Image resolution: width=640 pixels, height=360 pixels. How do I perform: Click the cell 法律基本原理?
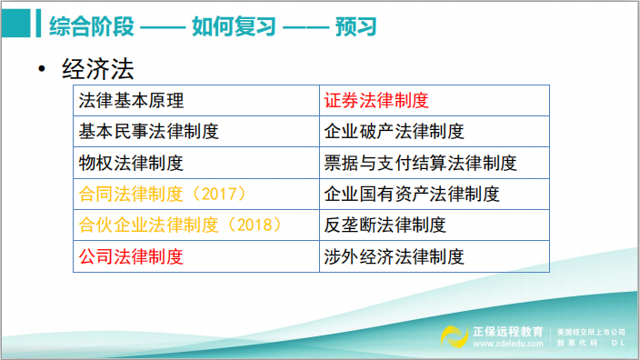132,101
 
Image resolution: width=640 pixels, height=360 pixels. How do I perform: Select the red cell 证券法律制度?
375,101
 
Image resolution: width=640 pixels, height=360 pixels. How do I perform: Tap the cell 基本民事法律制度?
149,132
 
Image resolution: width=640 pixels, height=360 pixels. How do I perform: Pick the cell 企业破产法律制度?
394,132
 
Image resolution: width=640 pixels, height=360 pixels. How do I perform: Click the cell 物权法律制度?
132,164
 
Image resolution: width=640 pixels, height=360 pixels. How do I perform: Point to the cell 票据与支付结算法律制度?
420,164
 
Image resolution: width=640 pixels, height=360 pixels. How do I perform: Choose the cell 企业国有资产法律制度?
411,195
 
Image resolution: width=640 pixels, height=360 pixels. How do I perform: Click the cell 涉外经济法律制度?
394,256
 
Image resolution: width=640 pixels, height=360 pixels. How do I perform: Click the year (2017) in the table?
225,195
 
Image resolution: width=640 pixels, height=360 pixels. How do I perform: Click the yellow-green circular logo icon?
455,335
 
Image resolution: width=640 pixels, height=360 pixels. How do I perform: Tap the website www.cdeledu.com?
507,344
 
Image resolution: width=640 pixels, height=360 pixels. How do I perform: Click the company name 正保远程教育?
507,331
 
